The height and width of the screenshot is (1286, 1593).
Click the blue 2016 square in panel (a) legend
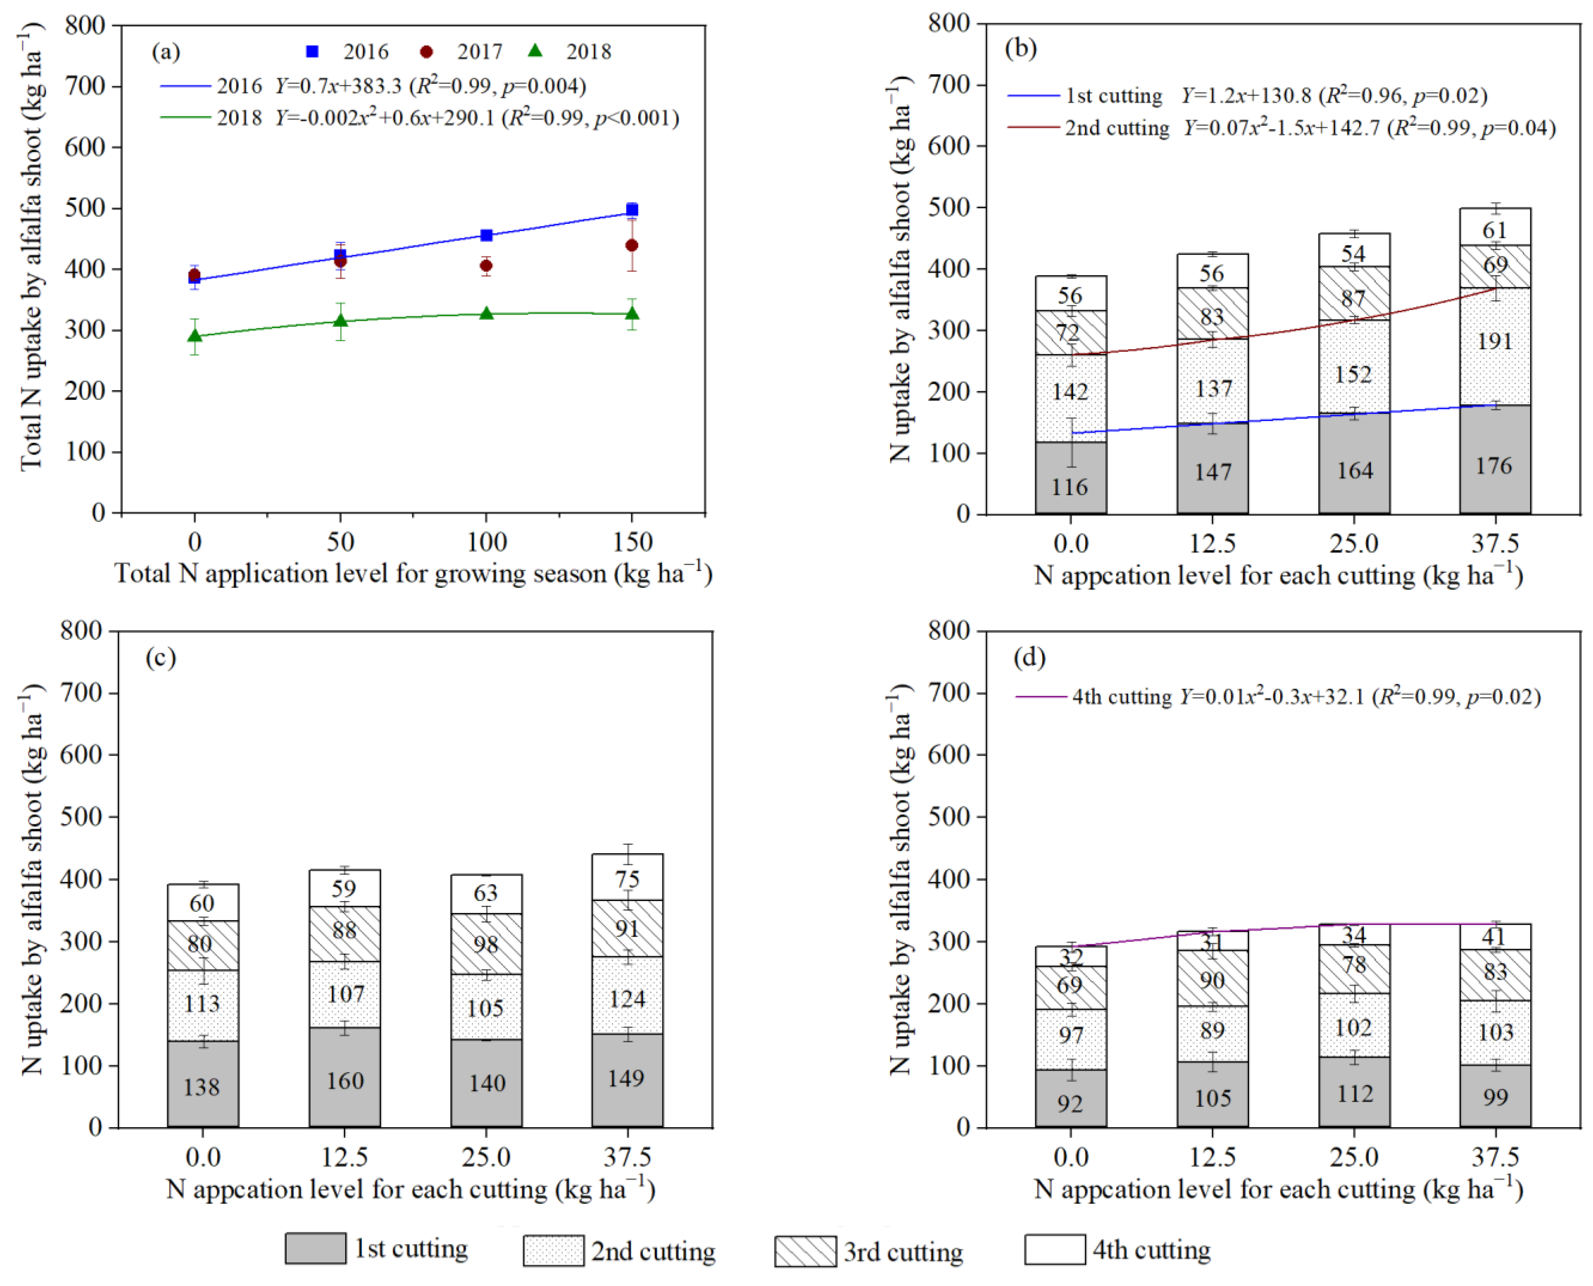(312, 51)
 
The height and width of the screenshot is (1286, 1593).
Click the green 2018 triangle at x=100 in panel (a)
(486, 313)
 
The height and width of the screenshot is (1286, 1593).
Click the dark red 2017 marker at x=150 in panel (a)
(632, 245)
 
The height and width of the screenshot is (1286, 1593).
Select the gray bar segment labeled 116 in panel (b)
(1070, 478)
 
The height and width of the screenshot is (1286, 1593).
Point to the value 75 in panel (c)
(627, 879)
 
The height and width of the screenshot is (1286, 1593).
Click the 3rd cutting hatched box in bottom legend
(805, 1251)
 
